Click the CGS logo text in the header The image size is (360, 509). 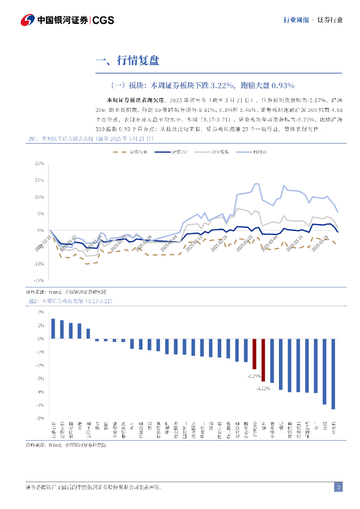pyautogui.click(x=103, y=20)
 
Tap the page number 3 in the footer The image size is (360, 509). pyautogui.click(x=338, y=487)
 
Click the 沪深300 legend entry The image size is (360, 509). pyautogui.click(x=174, y=152)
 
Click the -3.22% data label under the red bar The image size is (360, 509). pyautogui.click(x=263, y=388)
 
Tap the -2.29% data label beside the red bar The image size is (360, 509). pyautogui.click(x=252, y=376)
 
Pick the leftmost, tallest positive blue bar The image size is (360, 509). pyautogui.click(x=53, y=329)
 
